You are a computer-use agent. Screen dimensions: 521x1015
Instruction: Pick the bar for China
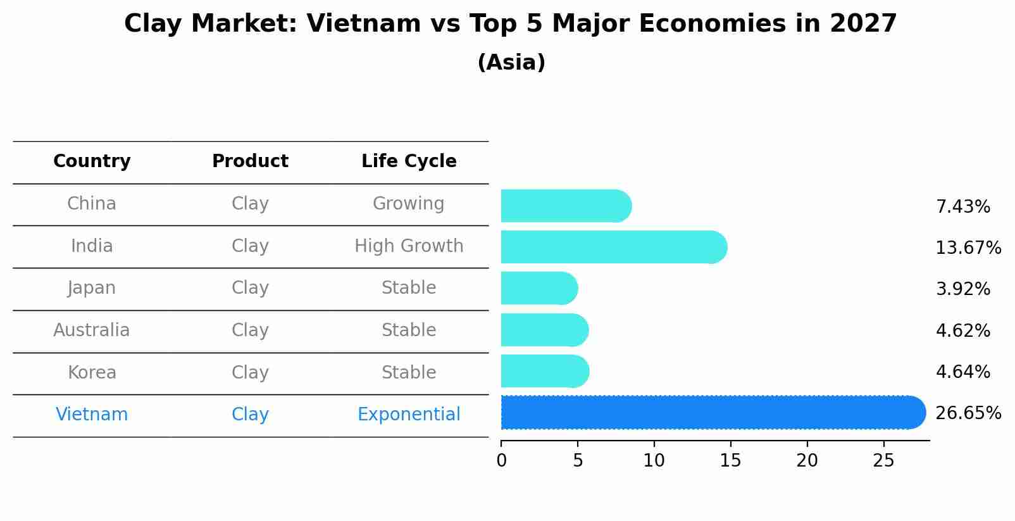point(566,206)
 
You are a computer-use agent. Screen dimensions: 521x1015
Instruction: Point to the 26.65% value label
point(968,413)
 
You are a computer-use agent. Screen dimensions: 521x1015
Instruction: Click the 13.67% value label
point(968,248)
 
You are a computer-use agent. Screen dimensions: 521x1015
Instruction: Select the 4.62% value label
point(962,330)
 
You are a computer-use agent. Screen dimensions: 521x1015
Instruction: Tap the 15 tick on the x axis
point(730,460)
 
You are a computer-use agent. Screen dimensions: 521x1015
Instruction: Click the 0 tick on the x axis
point(501,460)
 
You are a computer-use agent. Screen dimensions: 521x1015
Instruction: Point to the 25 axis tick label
point(883,460)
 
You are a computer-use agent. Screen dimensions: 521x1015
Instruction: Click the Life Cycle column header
point(409,161)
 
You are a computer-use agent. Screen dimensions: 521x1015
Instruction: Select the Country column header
point(92,161)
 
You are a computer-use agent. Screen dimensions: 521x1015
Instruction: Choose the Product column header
point(250,161)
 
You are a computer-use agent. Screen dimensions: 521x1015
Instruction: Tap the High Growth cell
point(409,246)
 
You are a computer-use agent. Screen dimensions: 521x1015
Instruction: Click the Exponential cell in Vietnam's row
point(409,415)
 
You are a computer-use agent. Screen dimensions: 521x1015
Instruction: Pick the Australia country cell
point(92,330)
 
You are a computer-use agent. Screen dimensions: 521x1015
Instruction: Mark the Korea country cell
point(92,372)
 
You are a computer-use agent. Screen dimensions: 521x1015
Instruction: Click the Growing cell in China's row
point(408,204)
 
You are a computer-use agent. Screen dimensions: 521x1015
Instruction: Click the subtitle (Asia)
point(511,63)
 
